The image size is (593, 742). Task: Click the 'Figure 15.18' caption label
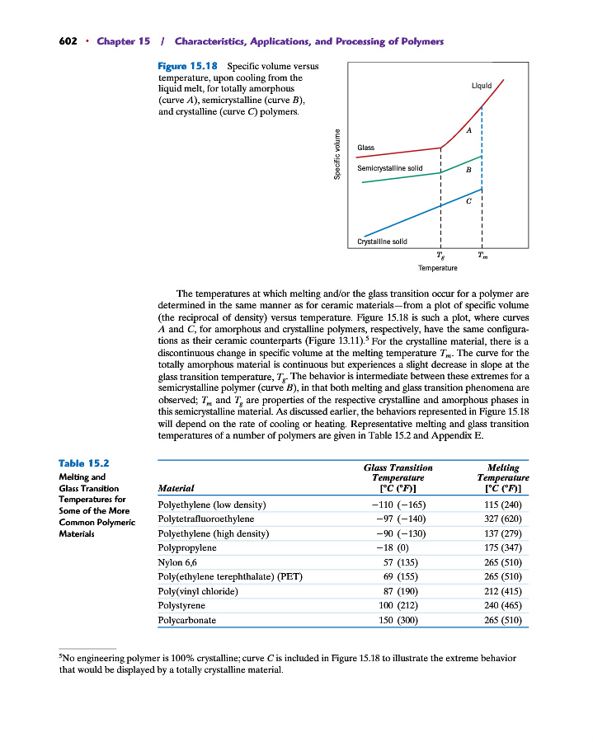click(x=188, y=64)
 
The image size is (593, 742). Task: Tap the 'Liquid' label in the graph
click(x=481, y=85)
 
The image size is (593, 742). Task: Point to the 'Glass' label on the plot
click(x=365, y=148)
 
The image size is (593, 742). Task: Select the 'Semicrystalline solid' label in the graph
click(x=389, y=168)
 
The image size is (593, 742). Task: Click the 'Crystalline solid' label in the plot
click(x=382, y=242)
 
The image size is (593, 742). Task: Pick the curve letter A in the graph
click(x=468, y=131)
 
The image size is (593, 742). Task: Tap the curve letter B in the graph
click(x=468, y=171)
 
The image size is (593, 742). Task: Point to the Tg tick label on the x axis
click(x=441, y=256)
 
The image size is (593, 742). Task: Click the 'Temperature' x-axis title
click(x=437, y=268)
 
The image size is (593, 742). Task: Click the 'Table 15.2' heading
click(x=85, y=465)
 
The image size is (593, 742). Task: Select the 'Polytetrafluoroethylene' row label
click(x=205, y=519)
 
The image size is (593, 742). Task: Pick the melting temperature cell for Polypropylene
click(x=502, y=547)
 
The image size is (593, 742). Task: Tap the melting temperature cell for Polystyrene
click(x=502, y=604)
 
